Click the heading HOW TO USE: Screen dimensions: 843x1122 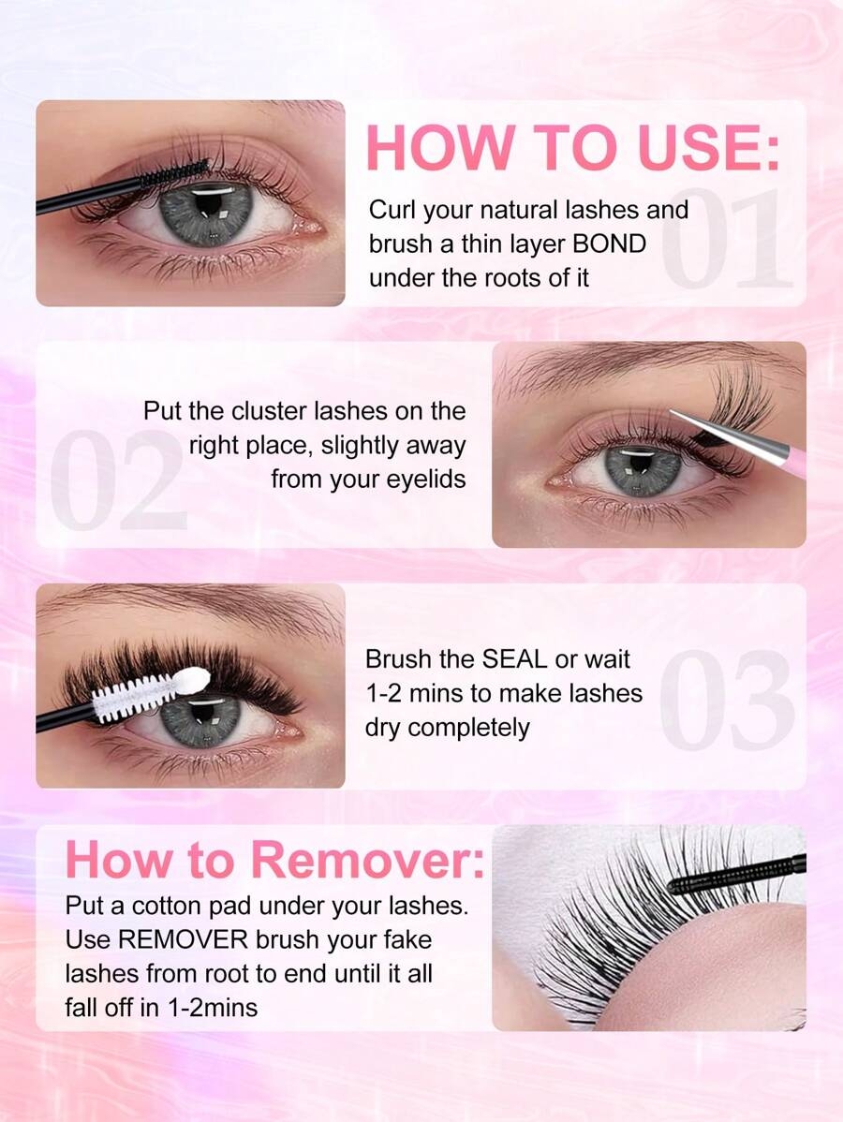572,148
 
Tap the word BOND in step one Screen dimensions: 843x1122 610,244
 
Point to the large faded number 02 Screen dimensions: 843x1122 118,480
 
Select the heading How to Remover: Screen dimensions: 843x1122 274,860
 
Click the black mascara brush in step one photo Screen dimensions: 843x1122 122,186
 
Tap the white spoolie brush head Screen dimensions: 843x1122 150,690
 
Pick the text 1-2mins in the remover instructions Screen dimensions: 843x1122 213,1009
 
